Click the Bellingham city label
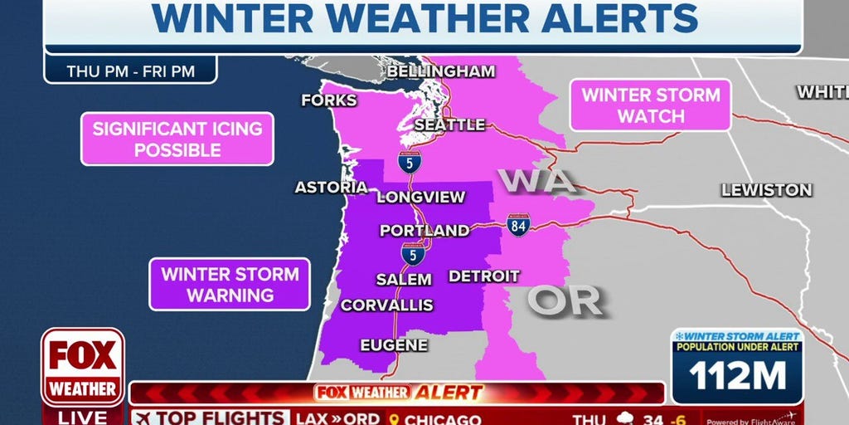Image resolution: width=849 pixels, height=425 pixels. pyautogui.click(x=441, y=71)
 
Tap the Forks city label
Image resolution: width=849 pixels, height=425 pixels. pyautogui.click(x=329, y=100)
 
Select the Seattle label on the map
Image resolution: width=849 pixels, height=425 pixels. pyautogui.click(x=449, y=125)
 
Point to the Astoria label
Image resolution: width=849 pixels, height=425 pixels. pyautogui.click(x=330, y=188)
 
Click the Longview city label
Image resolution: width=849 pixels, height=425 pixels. pyautogui.click(x=420, y=198)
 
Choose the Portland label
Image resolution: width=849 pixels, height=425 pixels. pyautogui.click(x=424, y=231)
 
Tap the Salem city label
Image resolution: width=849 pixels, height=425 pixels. pyautogui.click(x=404, y=279)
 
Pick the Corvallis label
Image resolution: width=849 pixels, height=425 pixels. pyautogui.click(x=386, y=305)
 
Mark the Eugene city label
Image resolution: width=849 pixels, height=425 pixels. pyautogui.click(x=394, y=344)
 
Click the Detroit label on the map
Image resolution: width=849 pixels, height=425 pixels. pyautogui.click(x=484, y=276)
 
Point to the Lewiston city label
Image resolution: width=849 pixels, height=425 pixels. pyautogui.click(x=766, y=190)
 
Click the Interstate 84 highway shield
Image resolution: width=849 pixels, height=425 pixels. pyautogui.click(x=518, y=224)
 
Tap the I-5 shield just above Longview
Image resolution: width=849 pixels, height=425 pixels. pyautogui.click(x=409, y=161)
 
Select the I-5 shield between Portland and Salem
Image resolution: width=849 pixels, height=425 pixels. pyautogui.click(x=413, y=254)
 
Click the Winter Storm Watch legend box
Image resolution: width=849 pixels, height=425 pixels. pyautogui.click(x=651, y=105)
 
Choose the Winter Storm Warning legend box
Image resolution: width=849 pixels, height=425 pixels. pyautogui.click(x=230, y=284)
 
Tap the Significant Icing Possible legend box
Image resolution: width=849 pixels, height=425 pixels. pyautogui.click(x=177, y=139)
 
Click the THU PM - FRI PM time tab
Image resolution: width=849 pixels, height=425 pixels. pyautogui.click(x=131, y=71)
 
